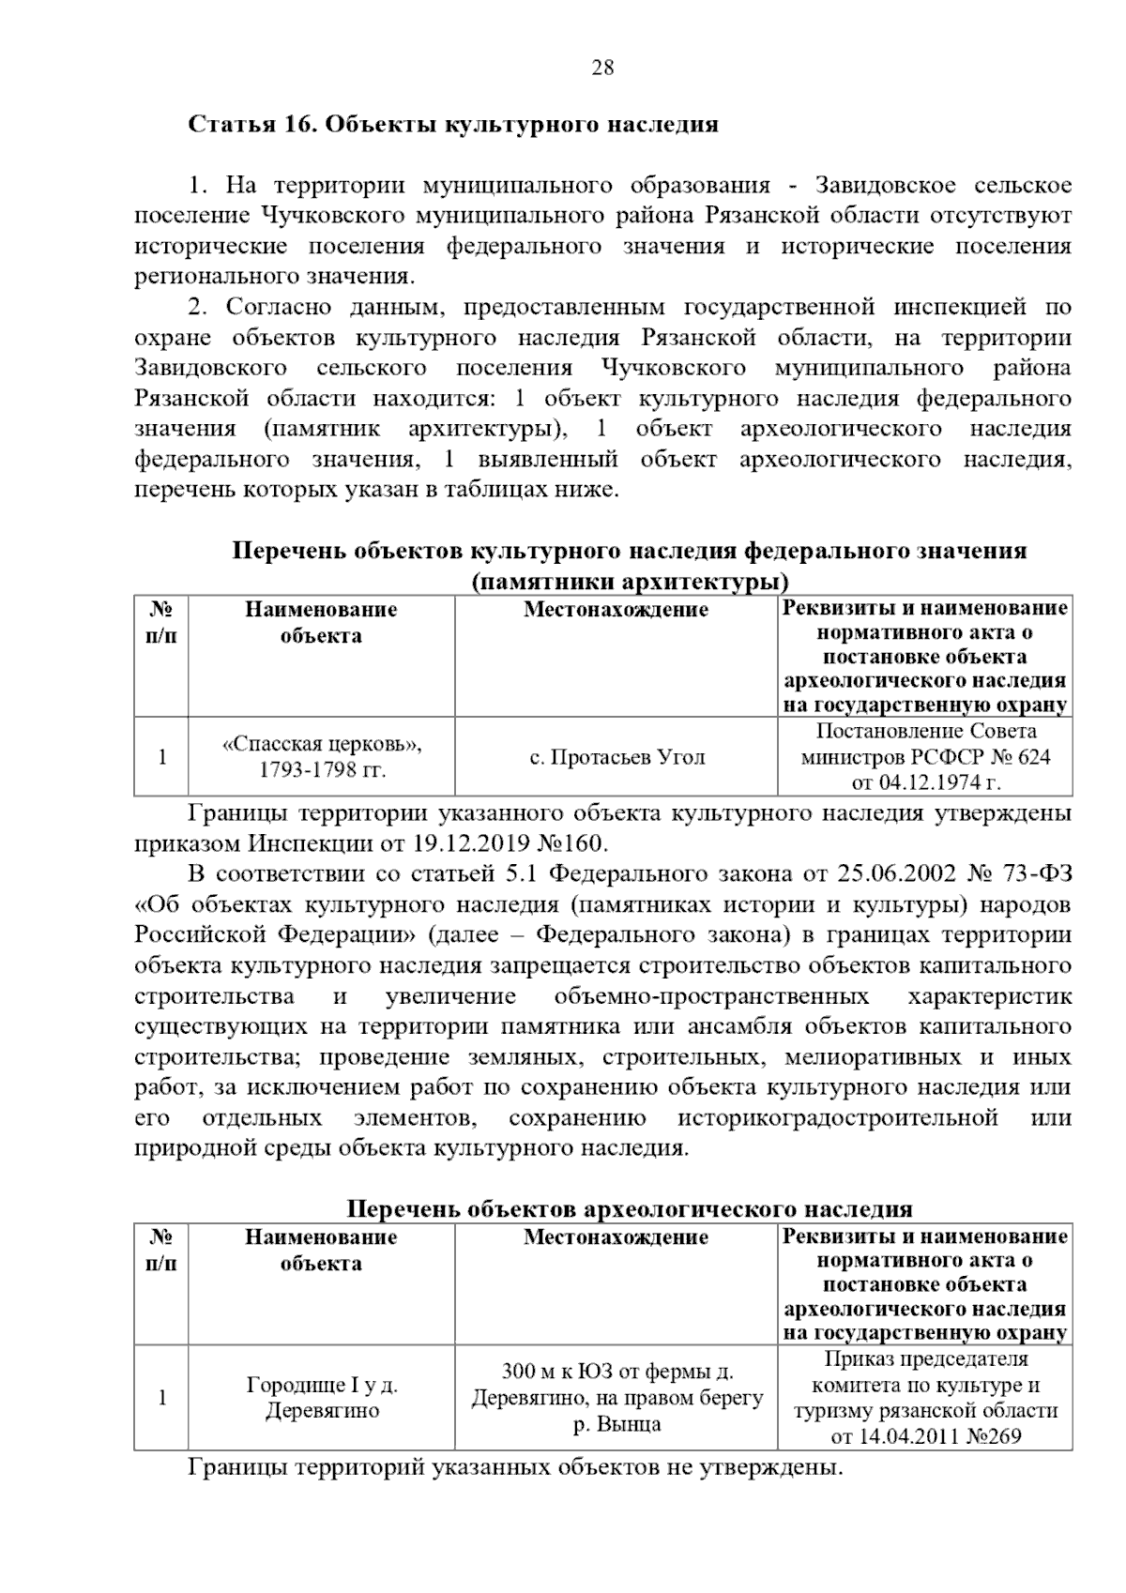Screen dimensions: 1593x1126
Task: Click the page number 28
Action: click(602, 67)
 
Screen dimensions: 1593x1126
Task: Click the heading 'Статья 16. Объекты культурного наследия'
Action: click(453, 125)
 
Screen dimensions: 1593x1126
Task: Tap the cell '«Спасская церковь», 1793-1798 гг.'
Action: click(322, 757)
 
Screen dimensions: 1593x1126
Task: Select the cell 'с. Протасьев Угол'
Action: click(616, 757)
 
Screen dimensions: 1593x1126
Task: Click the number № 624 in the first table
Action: click(1016, 756)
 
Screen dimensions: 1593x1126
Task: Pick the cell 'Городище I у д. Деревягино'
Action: click(322, 1397)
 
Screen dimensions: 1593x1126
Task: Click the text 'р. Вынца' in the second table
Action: click(616, 1423)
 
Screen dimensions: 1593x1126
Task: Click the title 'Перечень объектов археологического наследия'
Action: click(630, 1208)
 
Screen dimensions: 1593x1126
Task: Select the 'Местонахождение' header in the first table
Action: click(616, 610)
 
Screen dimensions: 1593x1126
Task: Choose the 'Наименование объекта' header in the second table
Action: click(321, 1250)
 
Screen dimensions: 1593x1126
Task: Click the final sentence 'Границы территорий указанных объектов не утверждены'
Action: click(515, 1466)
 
